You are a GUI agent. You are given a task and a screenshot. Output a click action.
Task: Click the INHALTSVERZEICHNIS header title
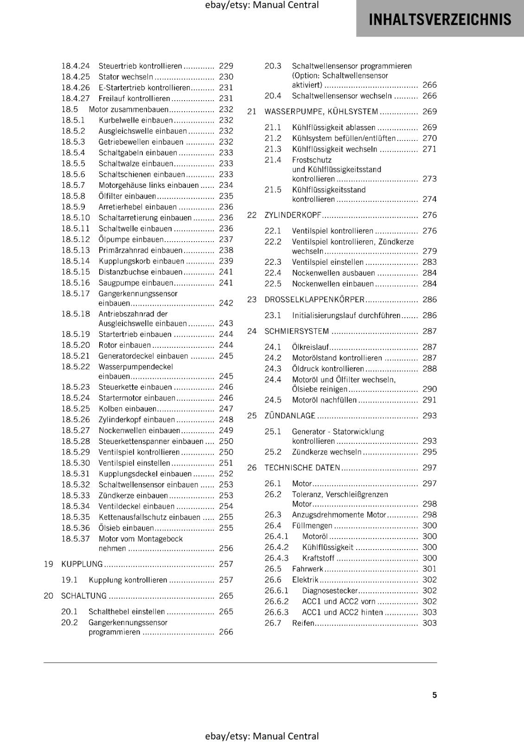pyautogui.click(x=440, y=19)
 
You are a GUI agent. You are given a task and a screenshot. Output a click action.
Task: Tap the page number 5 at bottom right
pyautogui.click(x=435, y=695)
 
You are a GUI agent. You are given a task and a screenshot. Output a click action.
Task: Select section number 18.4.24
pyautogui.click(x=76, y=66)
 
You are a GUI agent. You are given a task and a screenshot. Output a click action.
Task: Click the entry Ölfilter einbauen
pyautogui.click(x=127, y=196)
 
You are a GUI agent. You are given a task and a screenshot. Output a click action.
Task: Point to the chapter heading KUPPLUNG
pyautogui.click(x=82, y=564)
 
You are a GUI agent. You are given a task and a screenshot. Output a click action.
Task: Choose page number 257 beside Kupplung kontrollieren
pyautogui.click(x=226, y=580)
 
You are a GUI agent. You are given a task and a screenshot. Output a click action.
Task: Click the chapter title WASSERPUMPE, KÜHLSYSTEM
pyautogui.click(x=321, y=111)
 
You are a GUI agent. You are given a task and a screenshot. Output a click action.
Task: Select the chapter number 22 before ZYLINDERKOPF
pyautogui.click(x=252, y=215)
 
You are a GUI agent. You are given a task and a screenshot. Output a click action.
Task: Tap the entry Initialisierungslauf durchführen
pyautogui.click(x=346, y=315)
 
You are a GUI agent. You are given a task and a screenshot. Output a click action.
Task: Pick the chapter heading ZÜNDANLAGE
pyautogui.click(x=290, y=416)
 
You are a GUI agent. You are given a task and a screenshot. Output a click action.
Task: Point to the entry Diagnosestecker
pyautogui.click(x=330, y=590)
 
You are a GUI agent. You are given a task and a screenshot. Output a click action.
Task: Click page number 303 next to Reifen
pyautogui.click(x=429, y=623)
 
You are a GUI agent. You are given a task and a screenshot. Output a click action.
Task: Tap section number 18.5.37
pyautogui.click(x=76, y=539)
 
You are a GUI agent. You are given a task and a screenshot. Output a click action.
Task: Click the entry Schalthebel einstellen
pyautogui.click(x=127, y=611)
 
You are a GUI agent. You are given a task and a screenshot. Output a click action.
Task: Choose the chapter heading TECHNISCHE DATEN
pyautogui.click(x=302, y=467)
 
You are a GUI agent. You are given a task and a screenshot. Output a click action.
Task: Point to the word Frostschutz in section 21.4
pyautogui.click(x=312, y=160)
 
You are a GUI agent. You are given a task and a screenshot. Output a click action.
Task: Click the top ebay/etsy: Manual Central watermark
pyautogui.click(x=262, y=5)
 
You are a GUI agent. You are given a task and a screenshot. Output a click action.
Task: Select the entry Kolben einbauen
pyautogui.click(x=128, y=409)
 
